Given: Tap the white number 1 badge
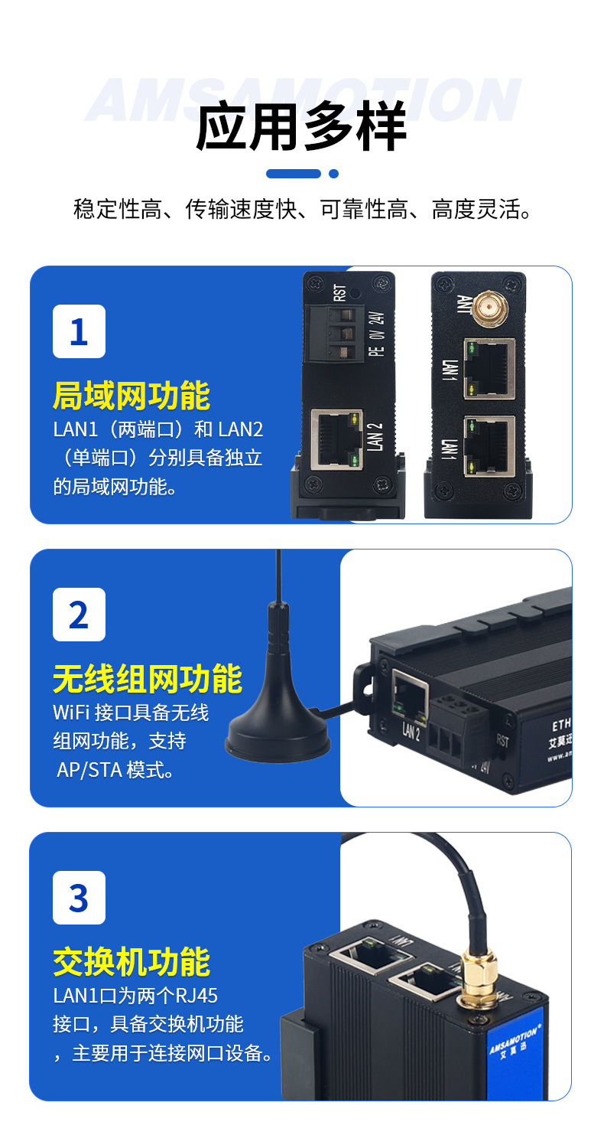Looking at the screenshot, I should pos(79,331).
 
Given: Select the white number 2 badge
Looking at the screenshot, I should pos(79,615).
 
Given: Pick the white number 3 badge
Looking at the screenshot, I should pos(79,898).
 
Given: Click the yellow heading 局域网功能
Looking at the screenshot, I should pos(132,396).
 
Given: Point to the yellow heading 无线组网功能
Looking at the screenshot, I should pos(148,679).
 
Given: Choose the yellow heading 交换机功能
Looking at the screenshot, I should pos(132,962).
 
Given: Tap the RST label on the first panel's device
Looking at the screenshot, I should pos(339,292).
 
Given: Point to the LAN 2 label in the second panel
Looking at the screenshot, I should pos(411,732).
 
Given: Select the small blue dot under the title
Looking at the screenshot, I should pos(333,174).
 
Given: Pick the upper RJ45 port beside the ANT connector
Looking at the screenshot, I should pos(489,368).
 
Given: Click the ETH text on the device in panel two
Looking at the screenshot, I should pos(561,722).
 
